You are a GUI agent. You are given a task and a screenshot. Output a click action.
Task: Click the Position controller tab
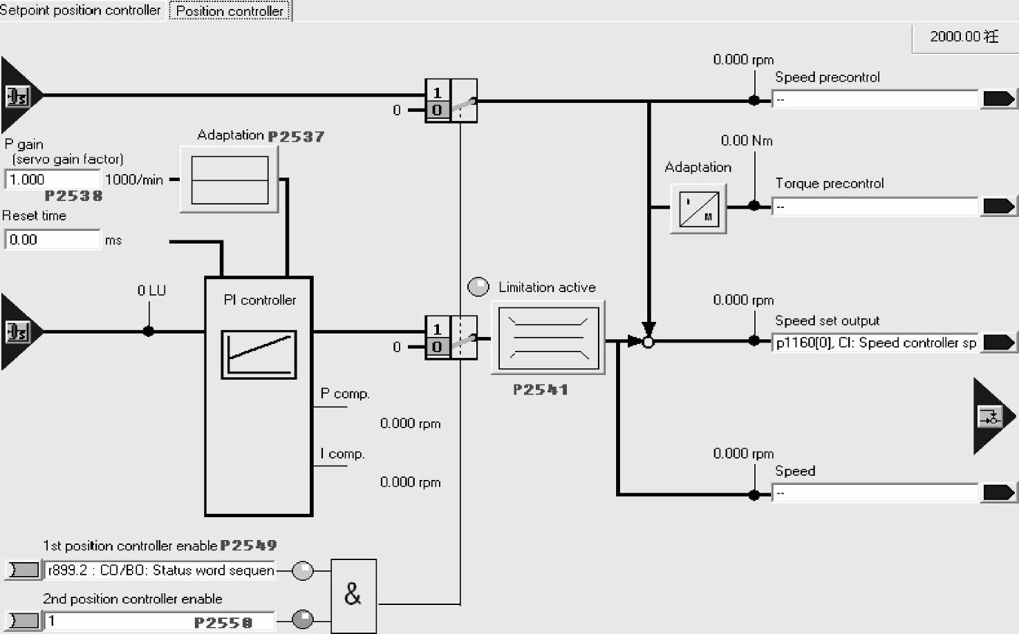[x=230, y=11]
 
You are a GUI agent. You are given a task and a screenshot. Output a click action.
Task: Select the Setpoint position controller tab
[x=80, y=10]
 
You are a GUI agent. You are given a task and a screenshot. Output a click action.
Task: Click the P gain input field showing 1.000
[x=52, y=180]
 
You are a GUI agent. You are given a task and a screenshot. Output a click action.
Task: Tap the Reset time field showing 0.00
[x=52, y=240]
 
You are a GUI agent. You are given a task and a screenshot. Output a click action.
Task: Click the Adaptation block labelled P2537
[x=230, y=180]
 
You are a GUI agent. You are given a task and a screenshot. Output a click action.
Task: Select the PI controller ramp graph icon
[x=259, y=354]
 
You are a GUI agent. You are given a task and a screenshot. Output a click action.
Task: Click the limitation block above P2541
[x=548, y=338]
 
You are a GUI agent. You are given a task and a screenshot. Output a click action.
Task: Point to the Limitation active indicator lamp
[x=478, y=287]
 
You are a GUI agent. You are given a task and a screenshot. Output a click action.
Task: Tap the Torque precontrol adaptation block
[x=698, y=209]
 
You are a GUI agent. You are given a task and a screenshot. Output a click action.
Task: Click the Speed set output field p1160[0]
[x=875, y=343]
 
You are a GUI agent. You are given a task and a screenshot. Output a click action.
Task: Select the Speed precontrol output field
[x=875, y=99]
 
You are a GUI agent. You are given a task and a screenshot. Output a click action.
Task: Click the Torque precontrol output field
[x=875, y=206]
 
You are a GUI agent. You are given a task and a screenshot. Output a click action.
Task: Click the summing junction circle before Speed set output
[x=648, y=341]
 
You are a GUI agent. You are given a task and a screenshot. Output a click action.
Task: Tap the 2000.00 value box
[x=964, y=37]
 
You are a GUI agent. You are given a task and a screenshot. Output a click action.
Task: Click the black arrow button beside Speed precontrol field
[x=999, y=99]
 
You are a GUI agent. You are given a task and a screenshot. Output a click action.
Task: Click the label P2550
[x=223, y=623]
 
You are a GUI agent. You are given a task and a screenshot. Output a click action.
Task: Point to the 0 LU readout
[x=151, y=291]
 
